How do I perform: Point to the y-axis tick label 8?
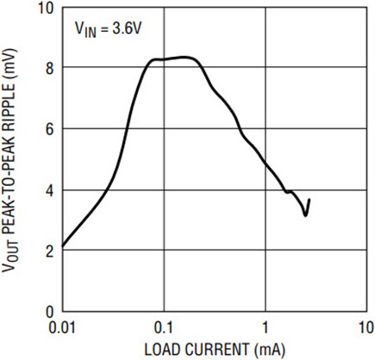click(47, 67)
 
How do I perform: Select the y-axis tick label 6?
click(47, 128)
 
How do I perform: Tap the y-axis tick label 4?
click(47, 189)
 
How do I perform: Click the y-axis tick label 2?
click(47, 251)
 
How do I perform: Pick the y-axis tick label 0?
click(47, 311)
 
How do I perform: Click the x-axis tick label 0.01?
click(62, 328)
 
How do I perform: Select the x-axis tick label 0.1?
click(163, 328)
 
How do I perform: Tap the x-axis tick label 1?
click(265, 328)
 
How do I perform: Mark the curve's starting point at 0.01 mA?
click(62, 247)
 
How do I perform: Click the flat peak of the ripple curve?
click(177, 58)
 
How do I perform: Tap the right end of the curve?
click(309, 200)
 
